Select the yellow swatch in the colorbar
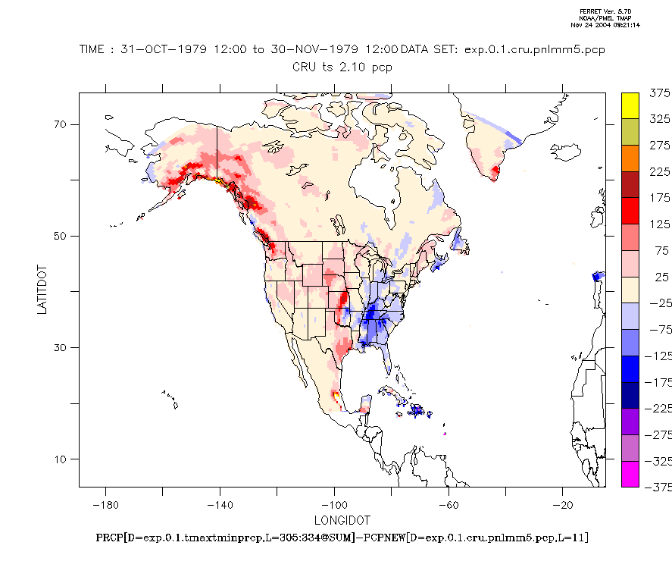tap(630, 106)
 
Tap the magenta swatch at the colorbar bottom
tap(630, 473)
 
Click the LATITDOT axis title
tap(43, 290)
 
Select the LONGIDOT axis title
tap(342, 520)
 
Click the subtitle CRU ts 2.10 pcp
tap(342, 67)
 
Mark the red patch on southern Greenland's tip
tap(496, 173)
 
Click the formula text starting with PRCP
tap(342, 538)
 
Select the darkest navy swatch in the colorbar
tap(630, 394)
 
